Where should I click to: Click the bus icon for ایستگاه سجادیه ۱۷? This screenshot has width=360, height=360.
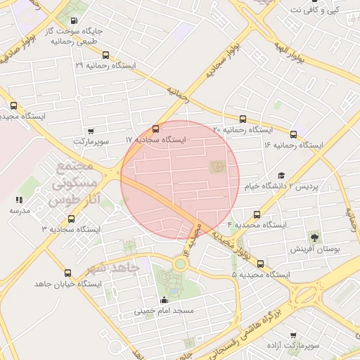click(155, 129)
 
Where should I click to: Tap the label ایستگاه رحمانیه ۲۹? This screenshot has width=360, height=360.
click(105, 65)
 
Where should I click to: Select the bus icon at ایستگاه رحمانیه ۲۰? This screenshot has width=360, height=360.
click(243, 119)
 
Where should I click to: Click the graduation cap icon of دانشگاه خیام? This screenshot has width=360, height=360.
click(281, 176)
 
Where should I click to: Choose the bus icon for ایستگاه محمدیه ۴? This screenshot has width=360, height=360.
click(257, 214)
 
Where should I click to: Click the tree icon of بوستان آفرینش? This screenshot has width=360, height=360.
click(314, 238)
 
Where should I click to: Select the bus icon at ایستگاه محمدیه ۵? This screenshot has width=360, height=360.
click(261, 264)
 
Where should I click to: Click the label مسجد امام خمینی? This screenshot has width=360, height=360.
click(164, 310)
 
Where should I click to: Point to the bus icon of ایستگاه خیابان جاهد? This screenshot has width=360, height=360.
click(68, 273)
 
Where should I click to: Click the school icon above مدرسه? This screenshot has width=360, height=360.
click(15, 200)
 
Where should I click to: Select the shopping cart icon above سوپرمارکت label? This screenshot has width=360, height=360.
click(91, 131)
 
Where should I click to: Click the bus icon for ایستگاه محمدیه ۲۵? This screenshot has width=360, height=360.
click(14, 105)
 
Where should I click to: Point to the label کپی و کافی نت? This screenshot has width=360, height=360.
click(324, 10)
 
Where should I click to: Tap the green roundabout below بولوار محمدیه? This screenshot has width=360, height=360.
click(181, 264)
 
